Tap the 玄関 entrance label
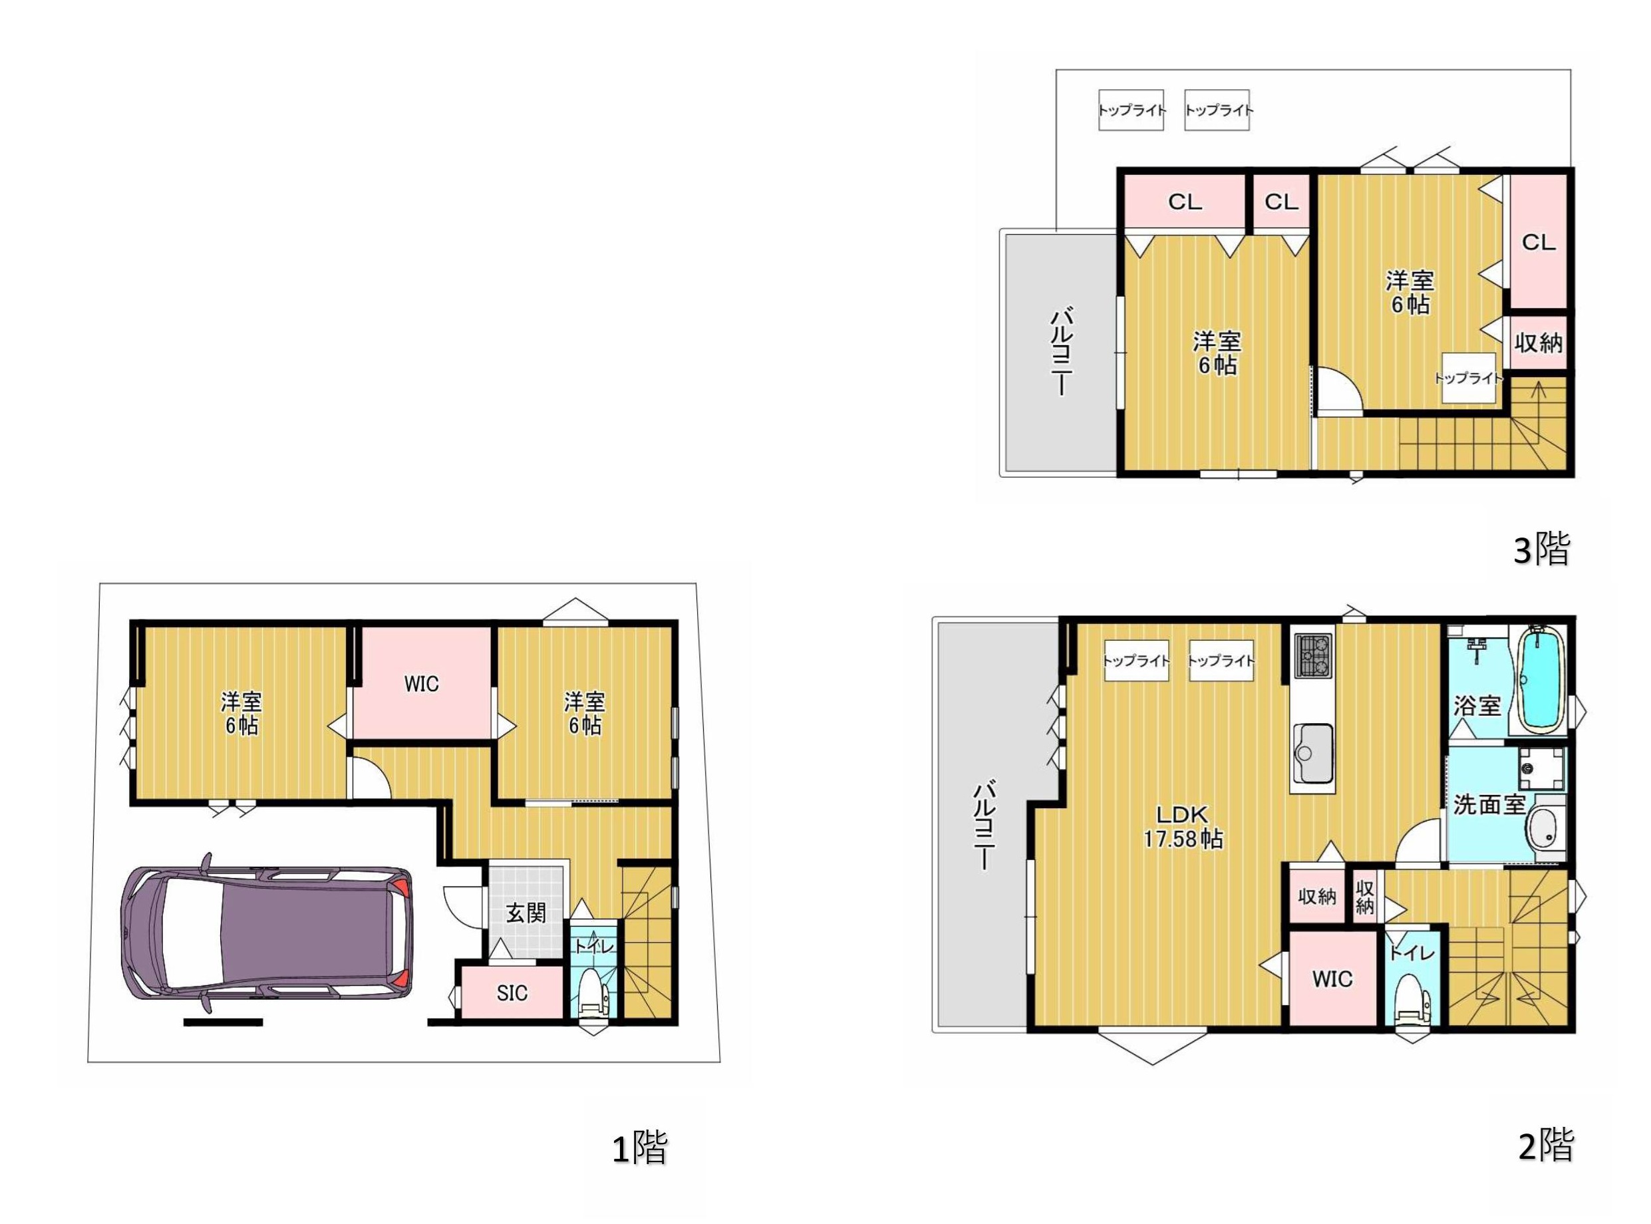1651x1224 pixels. [526, 913]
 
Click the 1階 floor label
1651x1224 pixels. [640, 1147]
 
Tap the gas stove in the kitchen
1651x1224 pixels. [1313, 655]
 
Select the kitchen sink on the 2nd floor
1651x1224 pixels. [1313, 754]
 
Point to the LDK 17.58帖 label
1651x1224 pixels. [1183, 827]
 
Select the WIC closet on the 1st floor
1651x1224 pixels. [422, 683]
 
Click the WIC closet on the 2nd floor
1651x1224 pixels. [1332, 979]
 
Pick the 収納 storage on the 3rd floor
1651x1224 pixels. [1539, 343]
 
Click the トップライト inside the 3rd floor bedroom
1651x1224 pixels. [1468, 378]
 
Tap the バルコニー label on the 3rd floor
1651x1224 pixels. [1062, 351]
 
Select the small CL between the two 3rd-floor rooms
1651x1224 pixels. [1281, 202]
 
